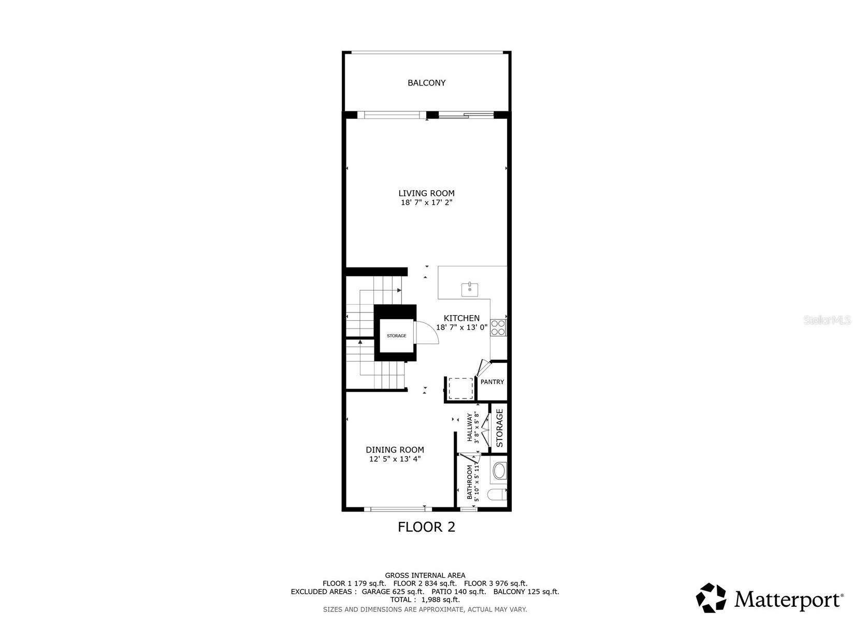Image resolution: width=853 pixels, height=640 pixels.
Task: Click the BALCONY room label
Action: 426,83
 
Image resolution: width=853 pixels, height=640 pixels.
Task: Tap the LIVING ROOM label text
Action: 426,193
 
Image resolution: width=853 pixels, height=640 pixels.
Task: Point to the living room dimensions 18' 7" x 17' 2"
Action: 426,203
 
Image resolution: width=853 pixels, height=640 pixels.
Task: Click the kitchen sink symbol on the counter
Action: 470,289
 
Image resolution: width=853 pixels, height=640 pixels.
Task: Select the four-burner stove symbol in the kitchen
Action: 498,328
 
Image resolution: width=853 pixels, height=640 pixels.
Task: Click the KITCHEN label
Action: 461,318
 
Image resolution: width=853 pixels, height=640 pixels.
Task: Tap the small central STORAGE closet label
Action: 396,336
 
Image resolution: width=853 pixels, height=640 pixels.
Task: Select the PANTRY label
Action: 492,382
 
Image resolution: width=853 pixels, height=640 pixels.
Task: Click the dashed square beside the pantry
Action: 460,389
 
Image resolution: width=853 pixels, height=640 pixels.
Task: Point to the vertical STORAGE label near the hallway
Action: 499,428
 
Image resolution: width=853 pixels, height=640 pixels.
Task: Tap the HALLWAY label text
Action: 470,428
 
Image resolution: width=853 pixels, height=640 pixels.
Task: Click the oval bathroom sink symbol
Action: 499,472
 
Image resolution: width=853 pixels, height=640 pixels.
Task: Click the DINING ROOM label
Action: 395,450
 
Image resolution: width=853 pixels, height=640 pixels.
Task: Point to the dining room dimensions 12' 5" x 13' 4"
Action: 395,459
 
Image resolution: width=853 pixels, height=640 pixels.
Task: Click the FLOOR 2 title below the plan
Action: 426,527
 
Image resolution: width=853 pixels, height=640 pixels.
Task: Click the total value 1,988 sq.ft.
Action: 440,600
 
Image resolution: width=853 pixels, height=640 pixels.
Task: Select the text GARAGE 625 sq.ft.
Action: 393,591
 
